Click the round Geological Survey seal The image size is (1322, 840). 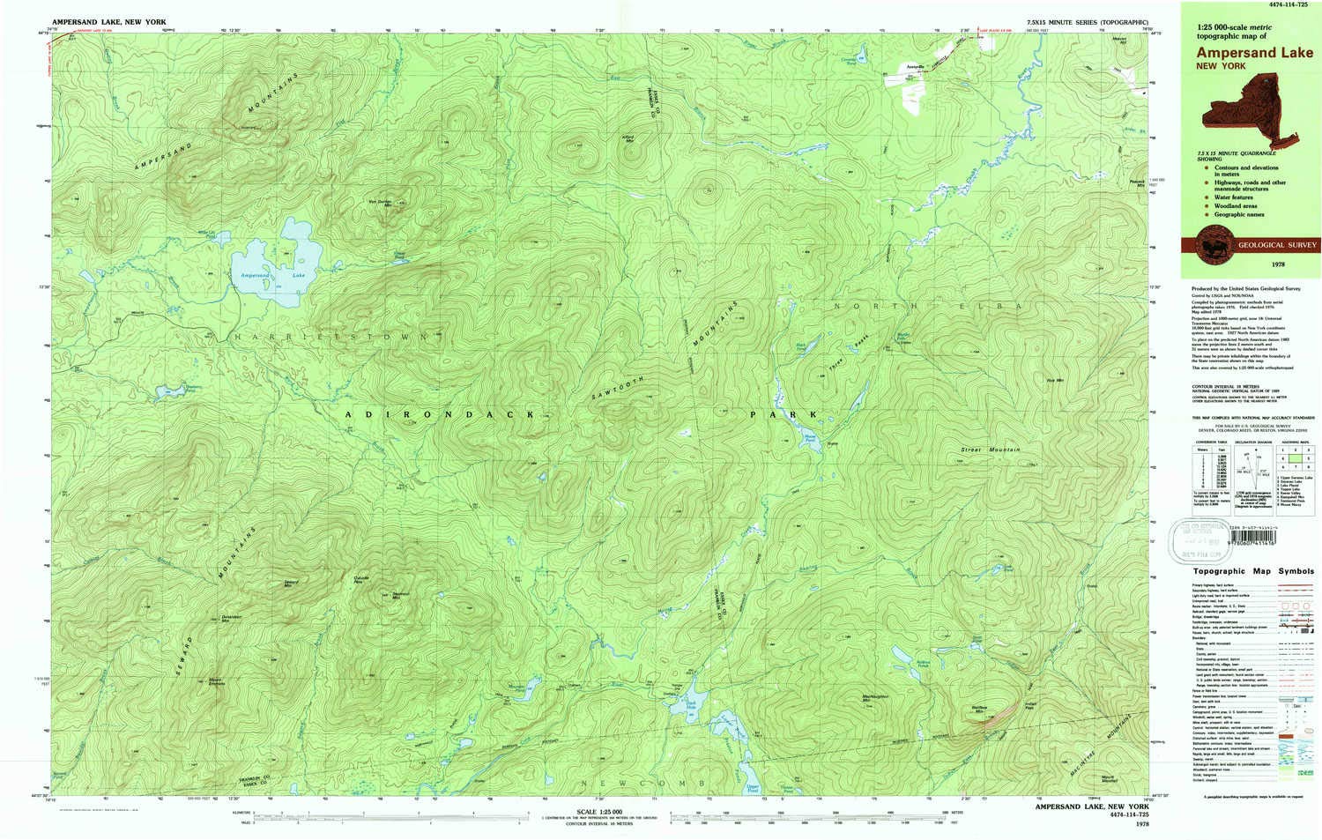1214,244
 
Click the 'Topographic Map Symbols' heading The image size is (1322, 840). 1251,571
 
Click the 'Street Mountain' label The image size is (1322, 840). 991,450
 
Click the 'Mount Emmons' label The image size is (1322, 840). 215,680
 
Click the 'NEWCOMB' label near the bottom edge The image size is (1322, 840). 642,782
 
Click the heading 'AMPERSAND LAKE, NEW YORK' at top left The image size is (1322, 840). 108,21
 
